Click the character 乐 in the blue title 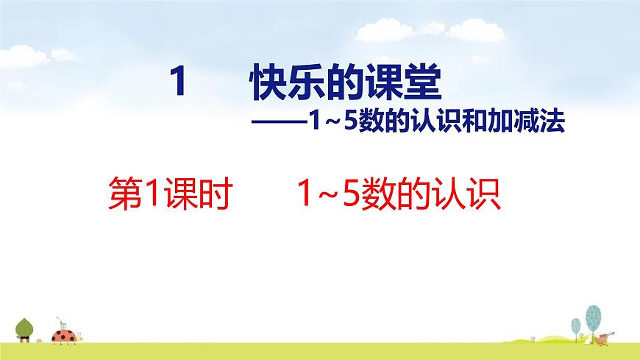click(307, 80)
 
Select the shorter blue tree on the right click(577, 327)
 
